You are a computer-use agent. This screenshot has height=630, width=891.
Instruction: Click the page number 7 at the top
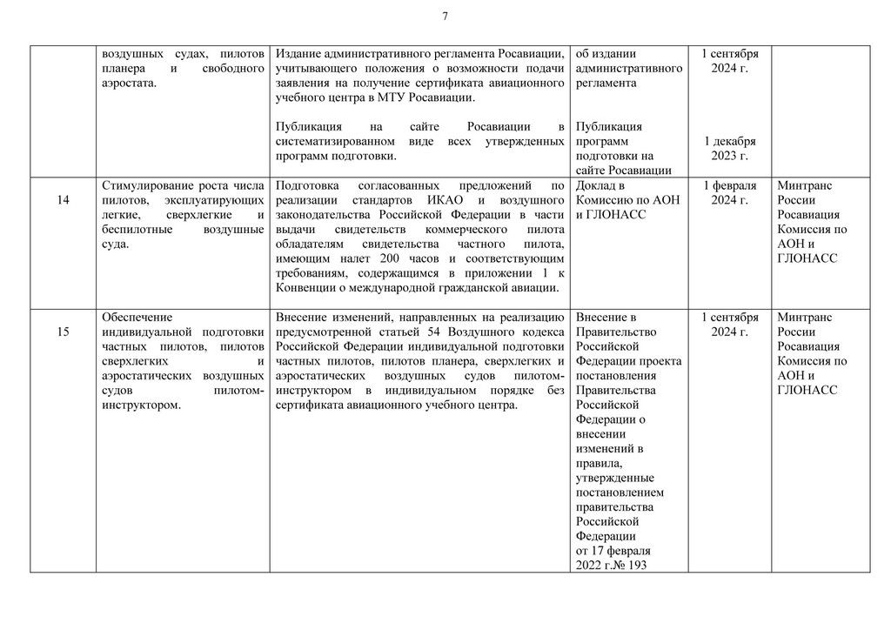coord(445,17)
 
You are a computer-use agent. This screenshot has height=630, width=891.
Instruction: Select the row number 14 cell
coord(63,201)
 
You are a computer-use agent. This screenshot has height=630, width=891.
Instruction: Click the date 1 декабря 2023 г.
coord(729,149)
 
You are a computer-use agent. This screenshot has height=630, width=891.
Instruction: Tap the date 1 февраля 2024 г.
coord(729,193)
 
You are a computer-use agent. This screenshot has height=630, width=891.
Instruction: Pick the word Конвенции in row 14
coord(310,289)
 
